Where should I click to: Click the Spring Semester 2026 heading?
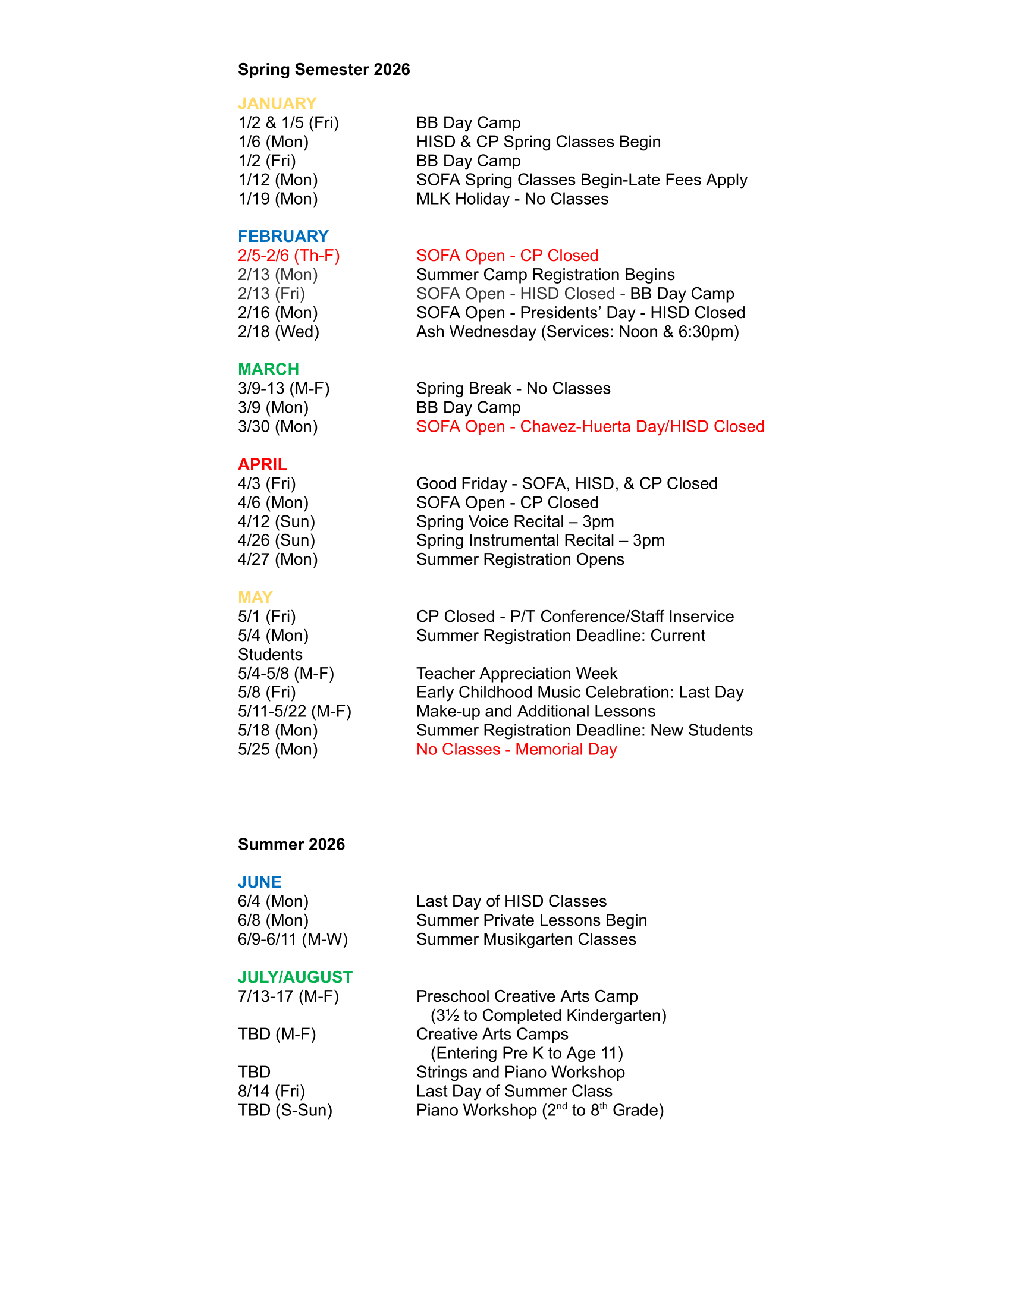coord(324,70)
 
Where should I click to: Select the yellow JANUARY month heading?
coord(277,103)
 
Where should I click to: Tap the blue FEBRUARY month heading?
coord(282,236)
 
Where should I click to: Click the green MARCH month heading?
coord(268,369)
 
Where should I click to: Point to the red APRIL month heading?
coord(262,464)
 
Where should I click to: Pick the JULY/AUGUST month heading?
coord(294,977)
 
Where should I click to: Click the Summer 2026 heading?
coord(291,844)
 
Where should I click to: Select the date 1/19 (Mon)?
coord(277,199)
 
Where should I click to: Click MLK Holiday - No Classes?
coord(512,199)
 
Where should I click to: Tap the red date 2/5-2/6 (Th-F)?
coord(288,256)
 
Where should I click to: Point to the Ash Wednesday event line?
coord(577,332)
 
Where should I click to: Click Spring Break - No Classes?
coord(513,389)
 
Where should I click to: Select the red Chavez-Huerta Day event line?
coord(590,426)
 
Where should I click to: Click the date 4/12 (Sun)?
coord(276,521)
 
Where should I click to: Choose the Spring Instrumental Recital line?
coord(539,540)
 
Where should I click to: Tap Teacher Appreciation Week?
coord(516,673)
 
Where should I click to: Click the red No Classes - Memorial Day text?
coord(516,749)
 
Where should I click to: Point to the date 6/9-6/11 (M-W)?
coord(292,939)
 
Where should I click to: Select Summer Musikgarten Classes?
coord(525,939)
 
